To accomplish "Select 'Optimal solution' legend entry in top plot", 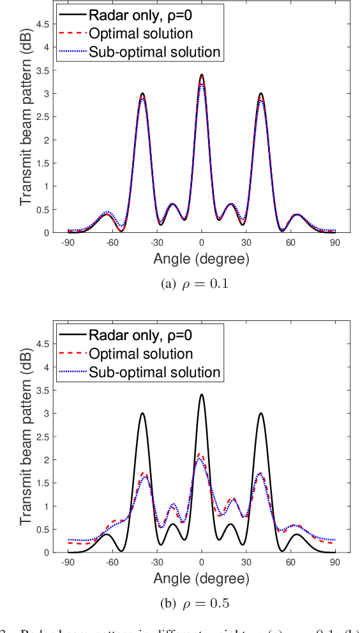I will pos(139,32).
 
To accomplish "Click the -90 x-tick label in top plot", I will pos(67,243).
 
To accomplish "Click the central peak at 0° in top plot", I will pos(202,75).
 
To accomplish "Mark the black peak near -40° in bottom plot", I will pos(142,413).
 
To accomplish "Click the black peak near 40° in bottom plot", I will pos(261,413).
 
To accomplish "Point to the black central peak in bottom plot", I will pos(202,394).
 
